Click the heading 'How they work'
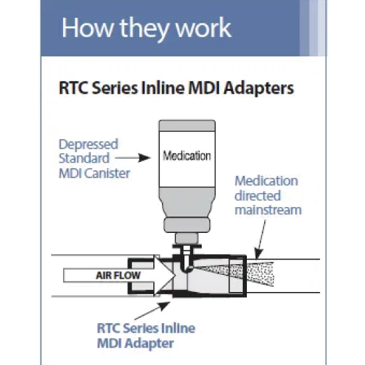pos(147,29)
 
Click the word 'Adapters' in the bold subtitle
pos(258,88)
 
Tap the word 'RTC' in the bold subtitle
pos(74,88)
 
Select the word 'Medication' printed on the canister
pos(187,156)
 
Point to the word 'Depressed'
pos(88,145)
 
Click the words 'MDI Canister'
pos(94,173)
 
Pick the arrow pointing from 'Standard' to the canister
pos(133,158)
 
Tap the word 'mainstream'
pos(268,210)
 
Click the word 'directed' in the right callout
pos(257,196)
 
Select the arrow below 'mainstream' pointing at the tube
pos(261,240)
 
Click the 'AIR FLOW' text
pos(118,275)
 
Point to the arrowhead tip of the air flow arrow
pos(175,275)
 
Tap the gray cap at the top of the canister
pos(187,125)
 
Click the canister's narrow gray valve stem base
pos(186,238)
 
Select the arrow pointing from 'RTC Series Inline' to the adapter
pos(153,311)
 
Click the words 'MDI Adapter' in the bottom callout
pos(135,343)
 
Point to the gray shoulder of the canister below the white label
pos(187,202)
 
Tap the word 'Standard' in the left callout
pos(84,159)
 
